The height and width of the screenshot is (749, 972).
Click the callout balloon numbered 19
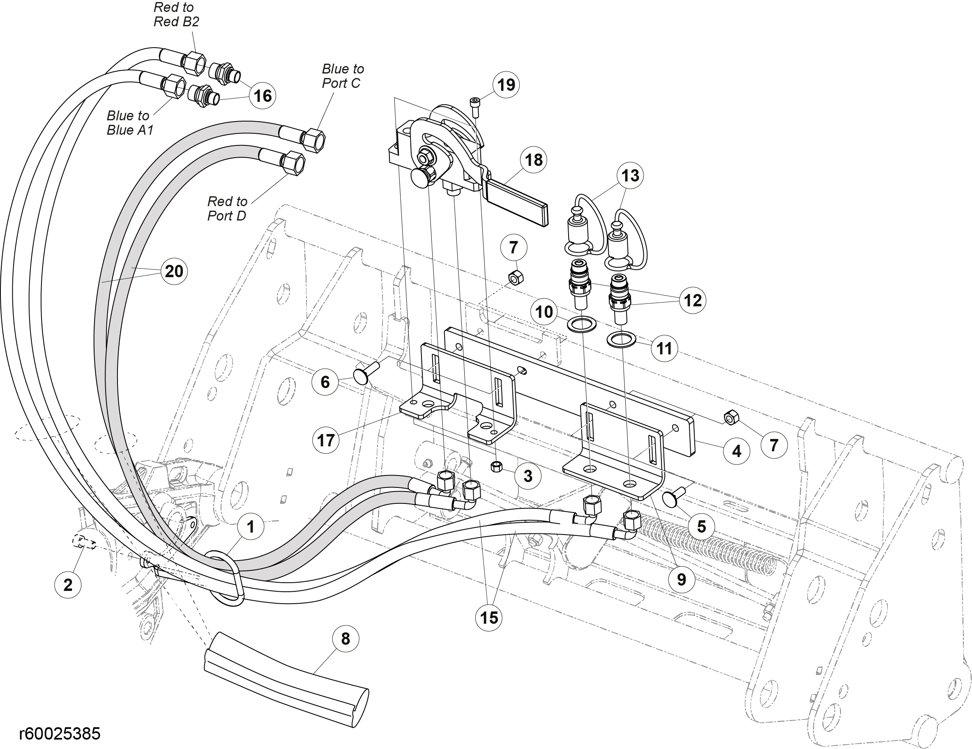click(x=506, y=85)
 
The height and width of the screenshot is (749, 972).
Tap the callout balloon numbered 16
click(x=263, y=96)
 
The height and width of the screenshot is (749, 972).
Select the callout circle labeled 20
click(x=174, y=271)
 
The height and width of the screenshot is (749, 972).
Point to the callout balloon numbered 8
click(x=345, y=639)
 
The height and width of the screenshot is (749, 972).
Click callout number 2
click(x=68, y=584)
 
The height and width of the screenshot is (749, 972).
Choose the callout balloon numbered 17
click(x=326, y=440)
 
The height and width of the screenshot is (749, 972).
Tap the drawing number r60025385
click(x=60, y=733)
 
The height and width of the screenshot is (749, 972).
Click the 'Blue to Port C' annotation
click(x=343, y=76)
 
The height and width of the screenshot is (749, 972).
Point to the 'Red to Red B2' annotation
click(x=176, y=15)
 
